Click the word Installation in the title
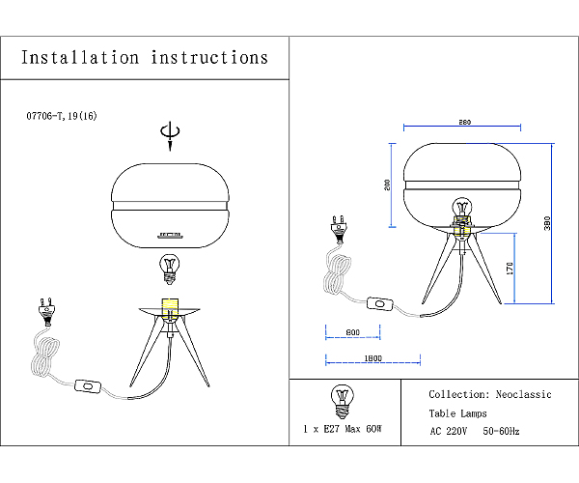pyautogui.click(x=80, y=58)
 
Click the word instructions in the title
pyautogui.click(x=209, y=58)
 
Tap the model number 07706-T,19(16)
pyautogui.click(x=62, y=116)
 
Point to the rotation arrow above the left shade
pyautogui.click(x=170, y=135)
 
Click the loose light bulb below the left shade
pyautogui.click(x=170, y=270)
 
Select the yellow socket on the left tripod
pyautogui.click(x=170, y=306)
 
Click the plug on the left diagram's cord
pyautogui.click(x=47, y=312)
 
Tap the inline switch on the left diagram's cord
pyautogui.click(x=88, y=386)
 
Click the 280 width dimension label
pyautogui.click(x=464, y=122)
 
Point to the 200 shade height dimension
pyautogui.click(x=387, y=185)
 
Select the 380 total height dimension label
pyautogui.click(x=547, y=223)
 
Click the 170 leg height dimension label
pyautogui.click(x=510, y=269)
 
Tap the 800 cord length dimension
pyautogui.click(x=352, y=332)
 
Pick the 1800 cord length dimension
pyautogui.click(x=372, y=358)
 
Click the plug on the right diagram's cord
pyautogui.click(x=340, y=230)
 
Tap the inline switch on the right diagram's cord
pyautogui.click(x=380, y=303)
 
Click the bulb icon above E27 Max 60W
pyautogui.click(x=343, y=401)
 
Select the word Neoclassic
pyautogui.click(x=523, y=394)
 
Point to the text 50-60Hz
pyautogui.click(x=501, y=431)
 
